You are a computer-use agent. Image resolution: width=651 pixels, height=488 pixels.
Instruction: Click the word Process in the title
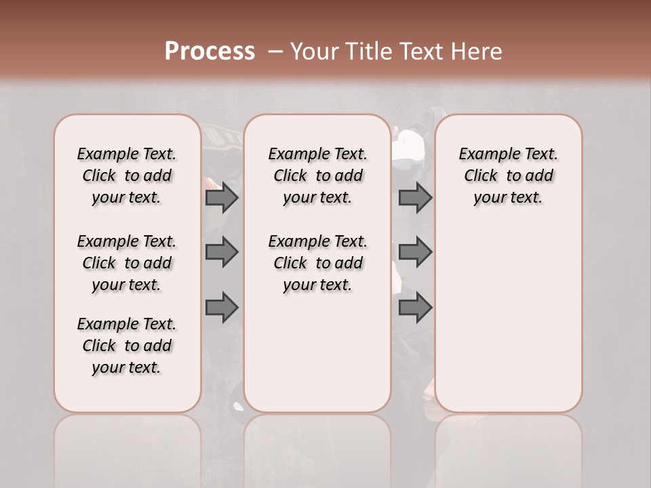point(210,52)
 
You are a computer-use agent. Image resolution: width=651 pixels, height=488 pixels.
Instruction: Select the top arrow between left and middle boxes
point(222,198)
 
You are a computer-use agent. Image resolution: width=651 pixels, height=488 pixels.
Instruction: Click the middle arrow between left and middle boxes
point(222,252)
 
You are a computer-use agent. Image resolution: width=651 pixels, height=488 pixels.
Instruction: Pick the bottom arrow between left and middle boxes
point(222,308)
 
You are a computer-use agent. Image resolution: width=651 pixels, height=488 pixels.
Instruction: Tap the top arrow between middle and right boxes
point(415,198)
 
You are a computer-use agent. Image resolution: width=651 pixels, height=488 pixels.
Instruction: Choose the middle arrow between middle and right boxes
point(415,252)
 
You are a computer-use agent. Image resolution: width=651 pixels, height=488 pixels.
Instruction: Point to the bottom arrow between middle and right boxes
point(415,308)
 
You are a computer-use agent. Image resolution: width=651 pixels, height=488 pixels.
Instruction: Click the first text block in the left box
point(127,176)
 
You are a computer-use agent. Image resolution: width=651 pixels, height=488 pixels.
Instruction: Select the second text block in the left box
point(127,263)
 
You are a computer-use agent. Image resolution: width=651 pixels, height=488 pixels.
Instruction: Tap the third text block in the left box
point(127,346)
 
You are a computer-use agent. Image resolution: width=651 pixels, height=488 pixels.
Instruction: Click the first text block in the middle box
point(317,176)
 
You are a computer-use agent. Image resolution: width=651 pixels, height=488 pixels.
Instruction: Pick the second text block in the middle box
point(317,263)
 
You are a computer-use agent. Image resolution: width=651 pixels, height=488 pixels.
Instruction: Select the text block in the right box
point(508,176)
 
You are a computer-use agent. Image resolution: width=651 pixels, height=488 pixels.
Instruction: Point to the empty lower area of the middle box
point(317,352)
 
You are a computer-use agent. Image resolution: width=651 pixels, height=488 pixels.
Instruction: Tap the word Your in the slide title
point(316,52)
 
